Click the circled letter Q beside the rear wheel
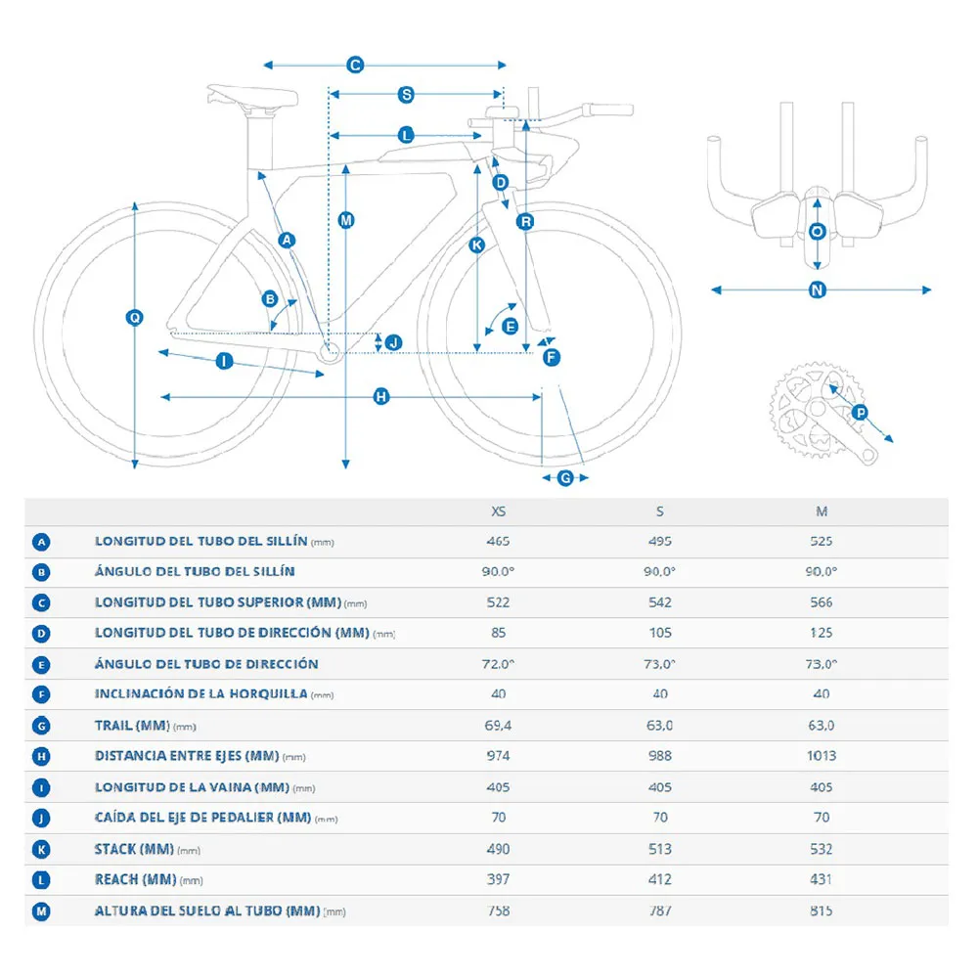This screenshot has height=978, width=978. pos(135,317)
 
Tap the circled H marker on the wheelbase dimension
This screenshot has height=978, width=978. pos(381,396)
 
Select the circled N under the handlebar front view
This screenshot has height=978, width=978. pos(819,289)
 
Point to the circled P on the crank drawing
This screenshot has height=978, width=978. pos(860,413)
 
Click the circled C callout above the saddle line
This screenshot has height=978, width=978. pos(355,65)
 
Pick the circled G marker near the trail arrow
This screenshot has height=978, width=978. pos(565,477)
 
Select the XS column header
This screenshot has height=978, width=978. pos(499,511)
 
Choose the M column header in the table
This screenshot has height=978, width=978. pos(822,511)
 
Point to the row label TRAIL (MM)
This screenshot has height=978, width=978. pos(132,725)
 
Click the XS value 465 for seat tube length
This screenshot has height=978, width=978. pos(499,541)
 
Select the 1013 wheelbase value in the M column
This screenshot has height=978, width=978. pos(822,756)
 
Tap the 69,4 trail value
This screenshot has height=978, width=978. pos(499,725)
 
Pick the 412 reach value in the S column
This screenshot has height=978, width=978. pos(660,880)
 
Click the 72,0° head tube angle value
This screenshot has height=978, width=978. pos(499,664)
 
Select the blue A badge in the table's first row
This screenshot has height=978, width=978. pos(41,542)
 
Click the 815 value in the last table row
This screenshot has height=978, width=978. pos(822,911)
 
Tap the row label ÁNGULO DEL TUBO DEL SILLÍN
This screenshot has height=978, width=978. pos(195,571)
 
